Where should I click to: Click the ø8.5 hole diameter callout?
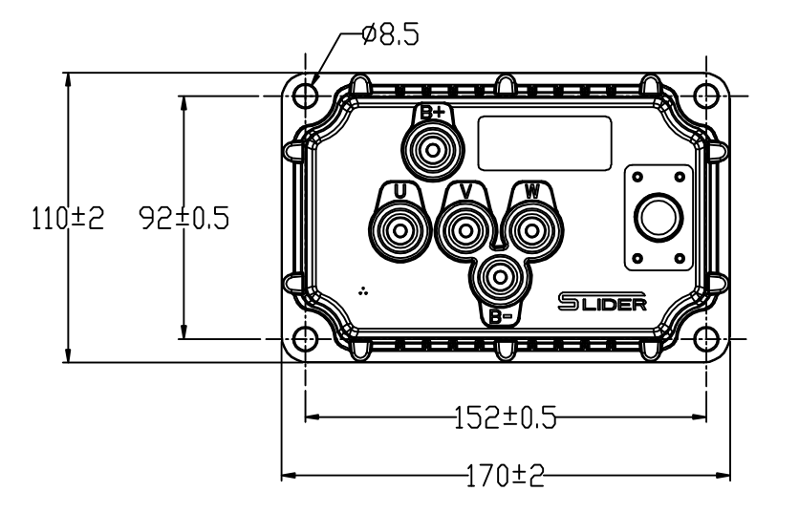(391, 35)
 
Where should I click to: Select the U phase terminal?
(399, 229)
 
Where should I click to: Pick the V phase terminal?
(465, 229)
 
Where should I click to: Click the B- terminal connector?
(498, 279)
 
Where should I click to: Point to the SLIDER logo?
(602, 302)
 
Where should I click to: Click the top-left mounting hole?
(305, 96)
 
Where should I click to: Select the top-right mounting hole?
(706, 96)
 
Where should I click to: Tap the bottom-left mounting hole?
(305, 338)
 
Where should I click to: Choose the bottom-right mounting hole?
(706, 338)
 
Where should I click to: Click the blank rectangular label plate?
(544, 144)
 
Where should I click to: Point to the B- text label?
(499, 316)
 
